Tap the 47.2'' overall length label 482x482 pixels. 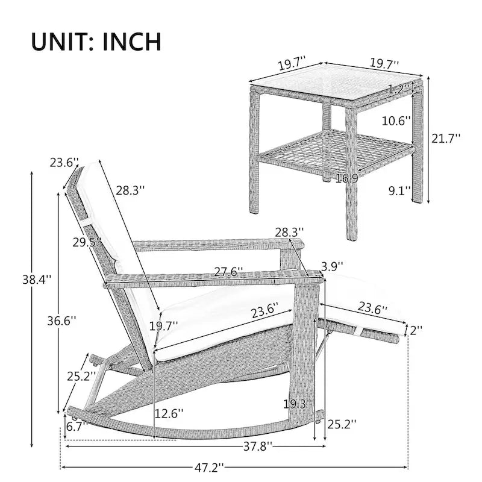pyautogui.click(x=209, y=468)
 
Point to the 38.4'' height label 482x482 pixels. pyautogui.click(x=37, y=280)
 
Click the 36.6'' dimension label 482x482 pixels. pyautogui.click(x=61, y=321)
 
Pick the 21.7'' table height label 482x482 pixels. pyautogui.click(x=446, y=139)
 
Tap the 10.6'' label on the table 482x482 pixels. pyautogui.click(x=396, y=121)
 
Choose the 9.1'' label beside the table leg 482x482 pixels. pyautogui.click(x=399, y=191)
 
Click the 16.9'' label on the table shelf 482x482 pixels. pyautogui.click(x=349, y=178)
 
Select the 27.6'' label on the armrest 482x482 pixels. pyautogui.click(x=228, y=272)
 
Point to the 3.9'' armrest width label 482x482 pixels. pyautogui.click(x=333, y=266)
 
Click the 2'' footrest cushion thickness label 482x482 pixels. pyautogui.click(x=416, y=330)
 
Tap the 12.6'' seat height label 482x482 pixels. pyautogui.click(x=169, y=413)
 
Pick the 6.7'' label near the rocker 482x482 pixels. pyautogui.click(x=77, y=427)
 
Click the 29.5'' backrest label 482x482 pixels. pyautogui.click(x=87, y=242)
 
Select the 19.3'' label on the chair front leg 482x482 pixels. pyautogui.click(x=298, y=404)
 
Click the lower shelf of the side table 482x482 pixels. pyautogui.click(x=337, y=151)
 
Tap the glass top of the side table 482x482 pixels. pyautogui.click(x=336, y=83)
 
